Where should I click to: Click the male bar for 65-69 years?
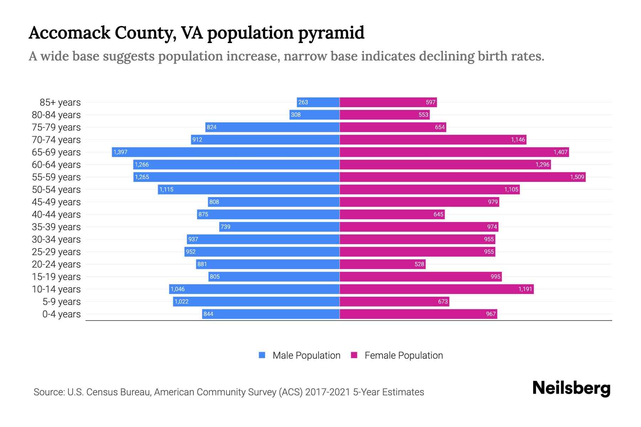click(x=225, y=152)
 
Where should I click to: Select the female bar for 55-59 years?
click(x=462, y=177)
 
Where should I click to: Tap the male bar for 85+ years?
click(x=318, y=102)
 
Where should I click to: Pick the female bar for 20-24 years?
click(x=382, y=264)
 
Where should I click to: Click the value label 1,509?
click(x=577, y=177)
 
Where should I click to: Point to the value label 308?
click(x=296, y=115)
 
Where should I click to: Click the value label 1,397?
click(x=120, y=152)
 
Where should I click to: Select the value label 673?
click(x=443, y=302)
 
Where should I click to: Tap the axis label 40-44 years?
click(x=56, y=215)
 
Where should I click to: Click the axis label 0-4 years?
click(x=61, y=314)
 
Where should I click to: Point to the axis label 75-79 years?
click(x=56, y=127)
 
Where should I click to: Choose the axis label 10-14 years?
click(x=56, y=289)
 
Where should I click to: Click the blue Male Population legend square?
click(x=262, y=355)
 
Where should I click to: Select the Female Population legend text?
click(x=403, y=355)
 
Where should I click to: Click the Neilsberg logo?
click(x=571, y=388)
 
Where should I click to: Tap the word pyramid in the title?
click(x=331, y=33)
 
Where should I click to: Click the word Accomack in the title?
click(x=69, y=33)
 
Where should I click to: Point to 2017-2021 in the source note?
click(x=328, y=392)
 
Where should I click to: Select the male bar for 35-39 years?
click(x=279, y=227)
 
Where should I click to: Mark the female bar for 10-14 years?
click(x=437, y=289)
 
